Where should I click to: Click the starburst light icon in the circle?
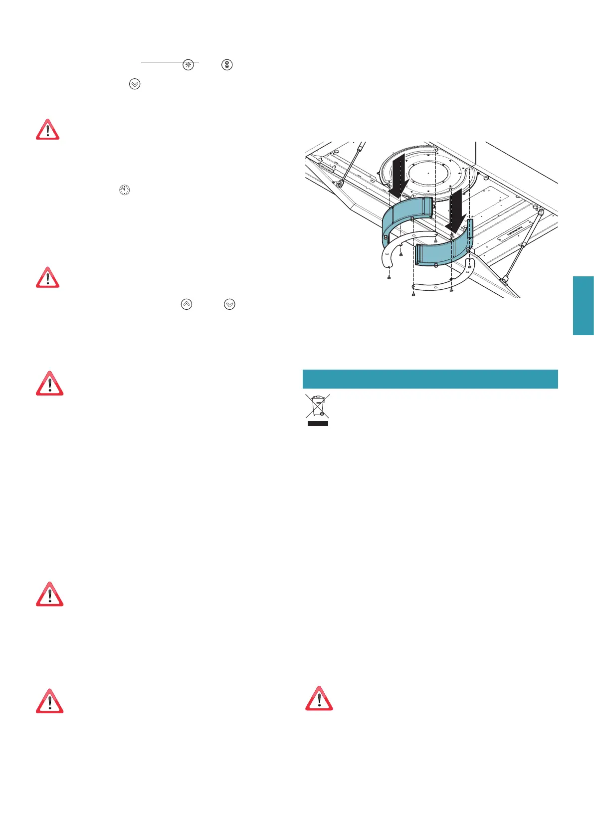(188, 65)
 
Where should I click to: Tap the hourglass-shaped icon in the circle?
(227, 65)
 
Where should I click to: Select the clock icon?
(124, 190)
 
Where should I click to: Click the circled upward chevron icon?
(186, 304)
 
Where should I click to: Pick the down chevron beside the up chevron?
(229, 304)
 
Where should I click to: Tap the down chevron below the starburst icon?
(135, 84)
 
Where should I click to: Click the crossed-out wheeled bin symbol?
(317, 406)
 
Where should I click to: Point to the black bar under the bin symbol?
(317, 423)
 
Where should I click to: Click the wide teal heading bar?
(430, 379)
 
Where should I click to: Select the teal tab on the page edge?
(583, 305)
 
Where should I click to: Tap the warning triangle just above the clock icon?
(47, 130)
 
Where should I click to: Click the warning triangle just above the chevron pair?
(47, 278)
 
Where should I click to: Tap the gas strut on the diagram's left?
(350, 165)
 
